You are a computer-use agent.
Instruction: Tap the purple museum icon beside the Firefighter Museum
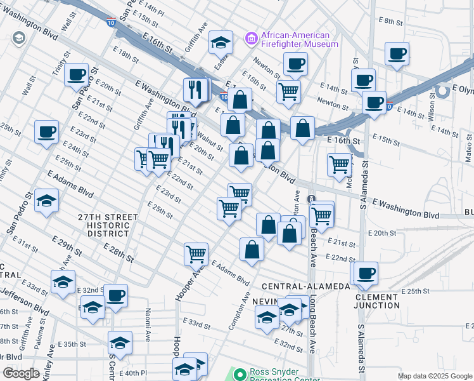252,39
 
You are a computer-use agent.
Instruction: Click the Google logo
21,373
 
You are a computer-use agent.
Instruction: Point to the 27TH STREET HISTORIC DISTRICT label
108,225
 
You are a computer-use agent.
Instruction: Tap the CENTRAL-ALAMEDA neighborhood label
305,286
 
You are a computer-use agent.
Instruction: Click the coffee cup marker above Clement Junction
366,273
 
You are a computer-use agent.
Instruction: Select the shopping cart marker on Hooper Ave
196,254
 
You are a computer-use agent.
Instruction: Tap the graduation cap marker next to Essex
221,43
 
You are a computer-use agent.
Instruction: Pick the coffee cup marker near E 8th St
397,53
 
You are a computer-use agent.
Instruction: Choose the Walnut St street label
210,139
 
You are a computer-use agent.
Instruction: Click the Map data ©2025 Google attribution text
434,376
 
